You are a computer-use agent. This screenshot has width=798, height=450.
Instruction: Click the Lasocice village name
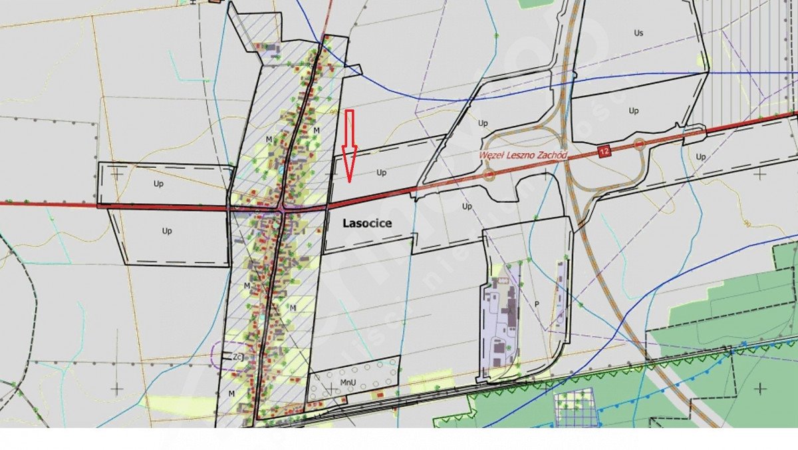tap(367, 224)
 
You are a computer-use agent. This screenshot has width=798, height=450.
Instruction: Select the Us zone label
tap(639, 32)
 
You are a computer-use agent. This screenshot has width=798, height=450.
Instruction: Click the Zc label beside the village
tap(237, 357)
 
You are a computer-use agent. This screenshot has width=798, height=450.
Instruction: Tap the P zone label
tap(536, 304)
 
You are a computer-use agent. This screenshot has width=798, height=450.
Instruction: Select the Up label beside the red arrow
tap(381, 172)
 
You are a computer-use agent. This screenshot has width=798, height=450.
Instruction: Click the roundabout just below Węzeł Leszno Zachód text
tap(489, 175)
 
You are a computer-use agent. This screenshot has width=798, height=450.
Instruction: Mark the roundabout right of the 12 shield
tap(639, 143)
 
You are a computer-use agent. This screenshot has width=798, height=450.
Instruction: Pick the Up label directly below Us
tap(634, 111)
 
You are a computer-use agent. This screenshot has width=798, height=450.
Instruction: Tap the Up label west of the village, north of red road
tap(158, 183)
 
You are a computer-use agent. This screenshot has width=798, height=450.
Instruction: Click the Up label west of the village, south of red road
tap(166, 231)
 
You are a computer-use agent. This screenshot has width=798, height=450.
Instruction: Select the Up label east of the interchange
tap(700, 157)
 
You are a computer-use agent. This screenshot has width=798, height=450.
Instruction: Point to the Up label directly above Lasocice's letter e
tap(467, 206)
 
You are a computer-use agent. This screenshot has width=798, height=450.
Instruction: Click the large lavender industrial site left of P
tap(499, 326)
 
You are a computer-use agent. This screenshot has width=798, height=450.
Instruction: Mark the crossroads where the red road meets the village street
tap(283, 208)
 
